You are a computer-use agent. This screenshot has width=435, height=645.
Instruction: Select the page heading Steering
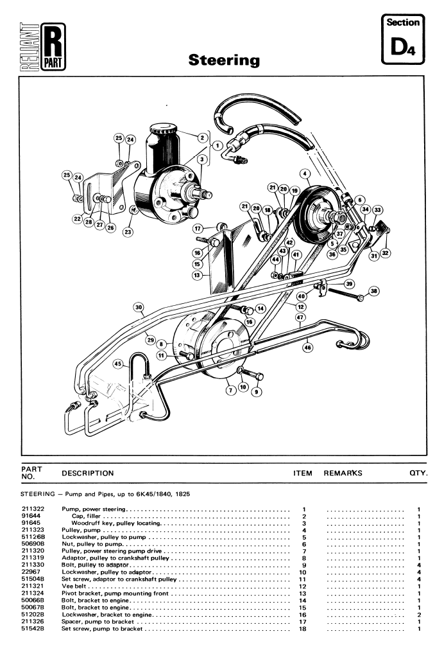(x=224, y=60)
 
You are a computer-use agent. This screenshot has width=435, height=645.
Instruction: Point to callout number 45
(x=118, y=363)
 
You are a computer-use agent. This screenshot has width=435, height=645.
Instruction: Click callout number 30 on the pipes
(x=139, y=307)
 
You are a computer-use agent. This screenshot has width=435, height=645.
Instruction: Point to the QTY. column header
(x=418, y=473)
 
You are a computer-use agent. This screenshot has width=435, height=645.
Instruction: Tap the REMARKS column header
(x=343, y=473)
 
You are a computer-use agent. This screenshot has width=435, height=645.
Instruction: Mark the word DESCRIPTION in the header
(x=88, y=473)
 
